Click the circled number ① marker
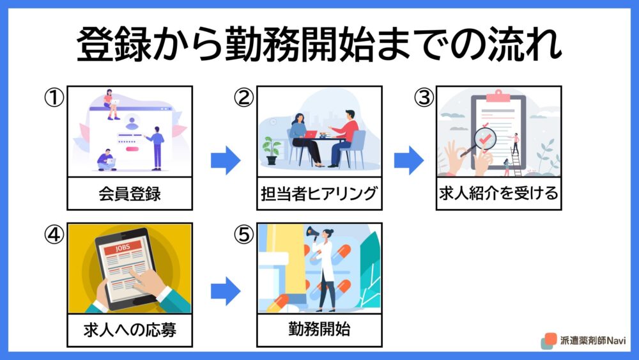point(54,98)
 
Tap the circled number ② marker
point(243,98)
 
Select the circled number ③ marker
point(424,98)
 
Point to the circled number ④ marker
point(54,235)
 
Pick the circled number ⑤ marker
point(243,235)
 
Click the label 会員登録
point(130,194)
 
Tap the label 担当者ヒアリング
point(319,194)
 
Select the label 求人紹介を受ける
point(498,193)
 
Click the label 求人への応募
point(130,330)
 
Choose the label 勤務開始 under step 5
point(319,329)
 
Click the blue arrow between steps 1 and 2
point(226,160)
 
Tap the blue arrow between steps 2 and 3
point(409,160)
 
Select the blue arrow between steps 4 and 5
point(226,291)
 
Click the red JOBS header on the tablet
point(123,247)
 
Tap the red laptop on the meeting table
point(311,134)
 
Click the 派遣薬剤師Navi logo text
point(592,340)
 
